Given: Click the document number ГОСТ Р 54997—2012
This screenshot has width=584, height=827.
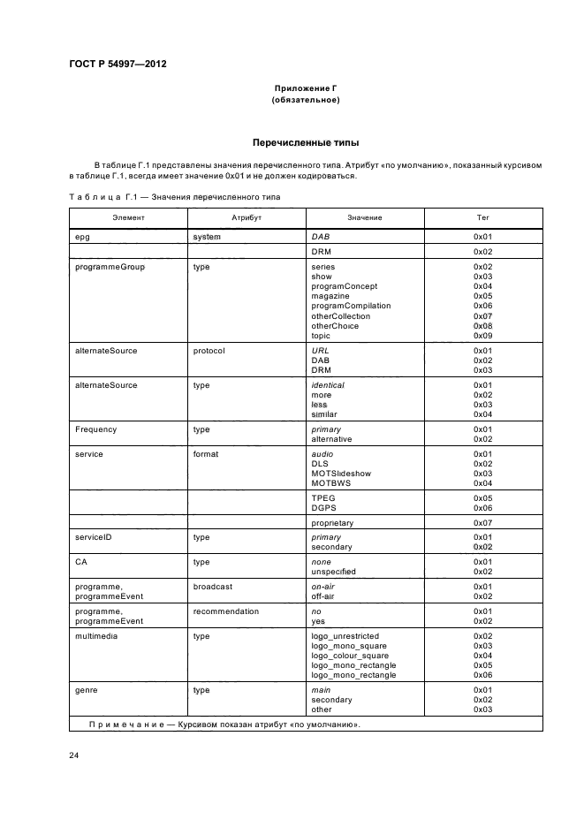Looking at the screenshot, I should click(118, 64).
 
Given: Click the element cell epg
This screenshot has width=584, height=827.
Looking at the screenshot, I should click(83, 237).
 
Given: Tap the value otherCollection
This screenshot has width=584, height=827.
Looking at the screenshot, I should click(341, 315).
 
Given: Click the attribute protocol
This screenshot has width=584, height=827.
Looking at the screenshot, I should click(209, 351).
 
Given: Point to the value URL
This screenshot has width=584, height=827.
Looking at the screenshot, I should click(320, 351).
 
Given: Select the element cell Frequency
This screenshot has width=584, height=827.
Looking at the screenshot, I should click(96, 429).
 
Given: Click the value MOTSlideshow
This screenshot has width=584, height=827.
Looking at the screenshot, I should click(341, 474).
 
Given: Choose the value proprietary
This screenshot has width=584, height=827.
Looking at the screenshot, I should click(332, 523).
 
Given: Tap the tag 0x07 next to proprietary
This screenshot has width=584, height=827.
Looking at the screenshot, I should click(482, 523).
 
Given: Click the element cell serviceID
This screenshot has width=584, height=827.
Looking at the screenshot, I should click(93, 537).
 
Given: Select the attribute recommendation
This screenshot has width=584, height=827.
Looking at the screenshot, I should click(226, 611).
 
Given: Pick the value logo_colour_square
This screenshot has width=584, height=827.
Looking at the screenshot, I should click(350, 656).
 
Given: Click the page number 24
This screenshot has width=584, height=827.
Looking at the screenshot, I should click(74, 756).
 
